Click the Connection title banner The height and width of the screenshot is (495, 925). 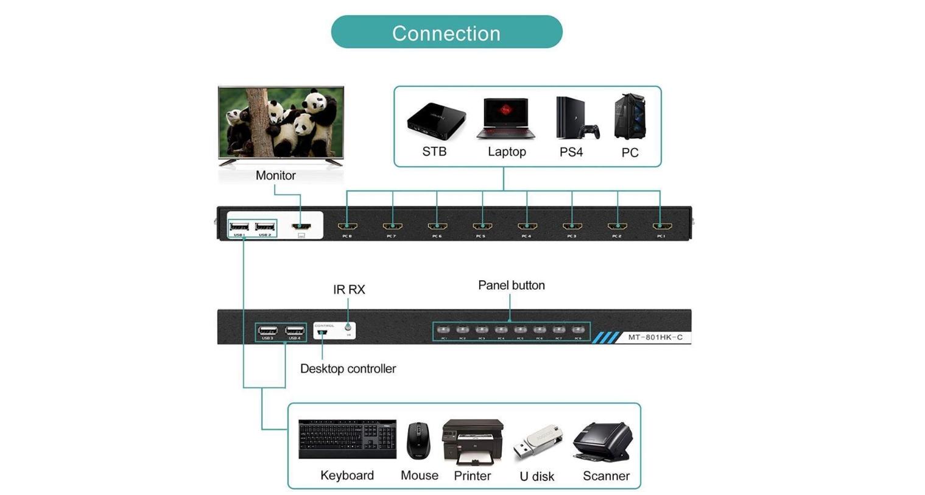[x=446, y=32]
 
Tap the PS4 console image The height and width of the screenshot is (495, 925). [x=575, y=118]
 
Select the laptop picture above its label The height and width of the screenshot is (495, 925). [x=506, y=119]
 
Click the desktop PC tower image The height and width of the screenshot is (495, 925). [x=630, y=116]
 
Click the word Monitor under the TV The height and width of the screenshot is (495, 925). [x=275, y=175]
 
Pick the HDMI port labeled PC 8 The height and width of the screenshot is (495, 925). [x=347, y=226]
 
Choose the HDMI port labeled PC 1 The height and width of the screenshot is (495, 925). [x=661, y=226]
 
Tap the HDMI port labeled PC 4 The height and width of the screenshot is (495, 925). [x=527, y=226]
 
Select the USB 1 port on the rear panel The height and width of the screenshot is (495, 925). [x=239, y=226]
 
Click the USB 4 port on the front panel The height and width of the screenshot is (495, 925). [x=295, y=331]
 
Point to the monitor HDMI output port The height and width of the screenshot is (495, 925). [x=301, y=226]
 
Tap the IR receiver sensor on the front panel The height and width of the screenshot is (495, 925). [x=348, y=328]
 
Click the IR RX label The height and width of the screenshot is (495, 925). [x=349, y=290]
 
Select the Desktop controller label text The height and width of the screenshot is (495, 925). [x=348, y=368]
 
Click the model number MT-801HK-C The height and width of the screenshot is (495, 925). [x=655, y=337]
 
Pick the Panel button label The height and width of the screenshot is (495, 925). [x=511, y=286]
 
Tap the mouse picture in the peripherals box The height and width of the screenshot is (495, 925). [x=418, y=441]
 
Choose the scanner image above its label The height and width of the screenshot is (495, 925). [x=603, y=441]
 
